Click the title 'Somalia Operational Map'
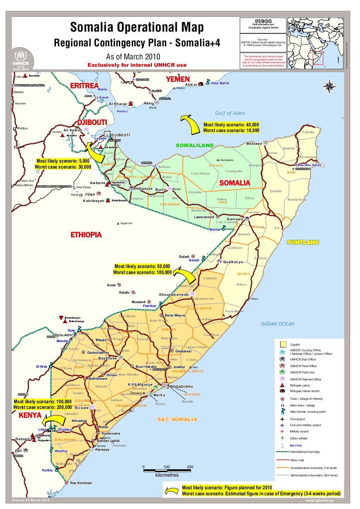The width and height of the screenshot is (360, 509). point(137,27)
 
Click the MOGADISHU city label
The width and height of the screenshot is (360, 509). point(182,387)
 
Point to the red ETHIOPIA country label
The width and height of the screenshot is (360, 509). point(86,235)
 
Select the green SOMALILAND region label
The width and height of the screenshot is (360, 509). point(194,145)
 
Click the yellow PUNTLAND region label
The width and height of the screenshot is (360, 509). point(303,242)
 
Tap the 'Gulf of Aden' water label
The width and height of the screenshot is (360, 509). point(230,113)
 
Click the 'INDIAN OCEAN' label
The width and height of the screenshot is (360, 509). point(278,324)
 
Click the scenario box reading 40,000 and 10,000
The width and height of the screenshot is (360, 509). point(231,128)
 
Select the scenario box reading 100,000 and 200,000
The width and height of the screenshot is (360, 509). point(42,404)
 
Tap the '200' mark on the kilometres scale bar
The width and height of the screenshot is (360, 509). point(190,467)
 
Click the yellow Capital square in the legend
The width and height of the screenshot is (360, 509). point(282,344)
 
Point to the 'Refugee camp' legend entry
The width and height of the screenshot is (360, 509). point(299,385)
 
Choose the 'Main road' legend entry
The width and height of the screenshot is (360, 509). point(297,460)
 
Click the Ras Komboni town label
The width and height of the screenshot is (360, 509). point(81,483)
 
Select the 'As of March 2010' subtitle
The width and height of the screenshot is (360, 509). point(133,57)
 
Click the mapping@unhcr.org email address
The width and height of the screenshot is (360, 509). point(319,501)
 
